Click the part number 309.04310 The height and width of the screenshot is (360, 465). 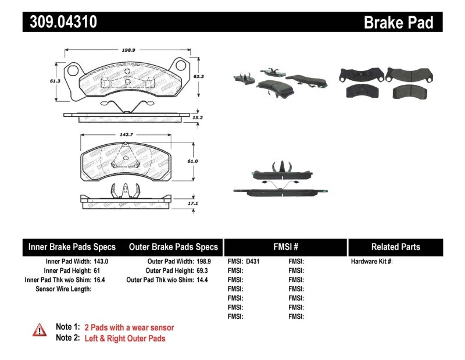click(60, 22)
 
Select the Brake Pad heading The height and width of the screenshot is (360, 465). click(398, 23)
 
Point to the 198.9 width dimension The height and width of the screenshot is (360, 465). click(130, 51)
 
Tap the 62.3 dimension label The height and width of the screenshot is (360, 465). click(198, 76)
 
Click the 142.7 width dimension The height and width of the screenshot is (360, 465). click(123, 135)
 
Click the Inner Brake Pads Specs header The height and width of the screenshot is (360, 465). click(72, 247)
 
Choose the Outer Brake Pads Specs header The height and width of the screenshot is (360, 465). click(173, 247)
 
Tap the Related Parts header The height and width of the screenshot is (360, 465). click(395, 247)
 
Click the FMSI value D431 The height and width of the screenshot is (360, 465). click(252, 262)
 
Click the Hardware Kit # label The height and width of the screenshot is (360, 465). click(371, 262)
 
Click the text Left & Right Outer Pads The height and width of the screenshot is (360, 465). click(124, 338)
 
